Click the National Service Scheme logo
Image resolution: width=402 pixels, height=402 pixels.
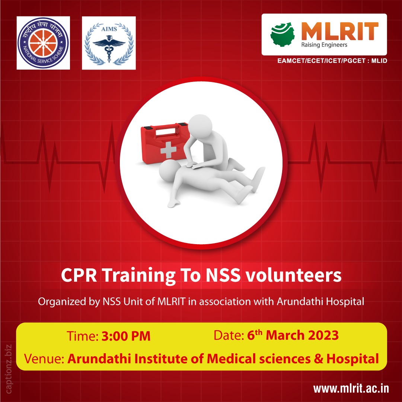click(x=43, y=43)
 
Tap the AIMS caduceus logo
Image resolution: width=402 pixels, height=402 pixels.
click(x=109, y=43)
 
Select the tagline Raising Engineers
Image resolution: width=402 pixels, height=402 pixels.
click(x=324, y=45)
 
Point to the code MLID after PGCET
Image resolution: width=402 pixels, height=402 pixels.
click(x=378, y=60)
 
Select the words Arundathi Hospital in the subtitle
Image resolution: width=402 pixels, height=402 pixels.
click(x=320, y=301)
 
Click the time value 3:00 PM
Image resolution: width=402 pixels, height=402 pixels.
click(x=126, y=336)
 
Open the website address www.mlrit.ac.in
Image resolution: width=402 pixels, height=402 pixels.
click(x=351, y=389)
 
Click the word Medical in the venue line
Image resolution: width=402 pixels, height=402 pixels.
click(x=231, y=359)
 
